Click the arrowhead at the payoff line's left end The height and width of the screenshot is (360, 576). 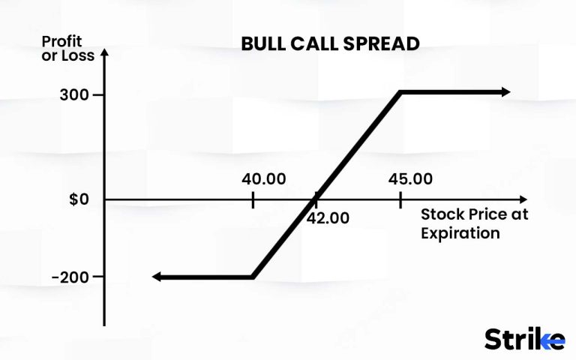point(157,277)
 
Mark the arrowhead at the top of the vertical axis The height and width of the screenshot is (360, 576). point(104,53)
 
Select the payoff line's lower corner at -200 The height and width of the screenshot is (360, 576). point(253,277)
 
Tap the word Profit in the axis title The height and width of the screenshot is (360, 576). point(61,41)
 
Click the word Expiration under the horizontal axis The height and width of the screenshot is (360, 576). point(460,232)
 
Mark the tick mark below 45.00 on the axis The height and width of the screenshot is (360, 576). point(400,199)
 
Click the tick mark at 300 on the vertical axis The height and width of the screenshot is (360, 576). point(98,95)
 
